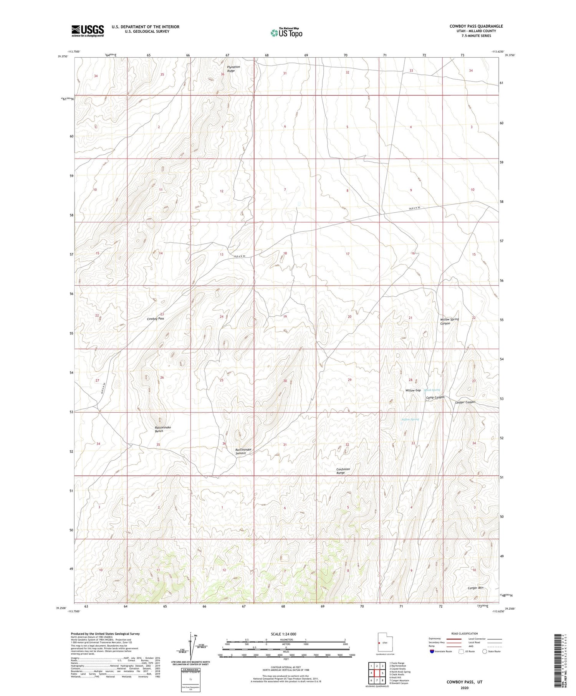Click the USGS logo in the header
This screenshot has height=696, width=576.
[x=88, y=31]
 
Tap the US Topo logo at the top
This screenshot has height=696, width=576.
[x=286, y=33]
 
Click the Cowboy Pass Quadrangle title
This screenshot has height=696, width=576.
[x=476, y=26]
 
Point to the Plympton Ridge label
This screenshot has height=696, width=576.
[x=233, y=69]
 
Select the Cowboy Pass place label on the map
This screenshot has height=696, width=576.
[x=156, y=319]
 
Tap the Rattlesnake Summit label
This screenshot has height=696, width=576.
[x=243, y=451]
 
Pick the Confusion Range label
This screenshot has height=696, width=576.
[x=343, y=471]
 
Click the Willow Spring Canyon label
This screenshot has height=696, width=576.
[x=449, y=321]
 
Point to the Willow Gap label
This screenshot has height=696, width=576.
[x=413, y=390]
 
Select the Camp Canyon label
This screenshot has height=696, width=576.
[x=435, y=397]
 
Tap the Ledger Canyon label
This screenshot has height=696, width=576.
[x=465, y=402]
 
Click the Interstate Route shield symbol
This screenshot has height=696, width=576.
[x=432, y=651]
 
